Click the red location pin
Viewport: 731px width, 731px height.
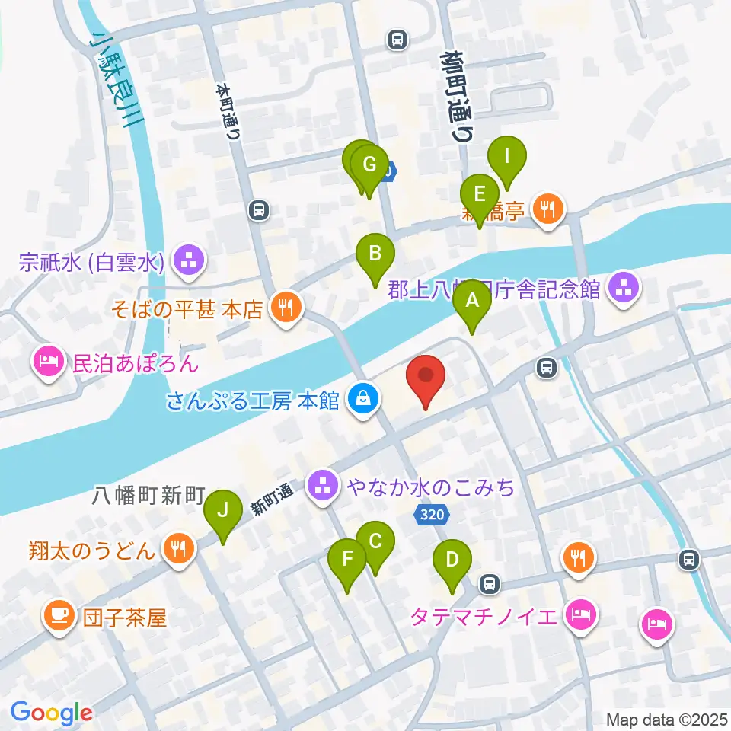click(426, 378)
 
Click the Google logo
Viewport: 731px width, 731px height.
click(52, 713)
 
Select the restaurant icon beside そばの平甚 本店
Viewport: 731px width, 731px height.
click(286, 308)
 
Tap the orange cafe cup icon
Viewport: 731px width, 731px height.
click(58, 614)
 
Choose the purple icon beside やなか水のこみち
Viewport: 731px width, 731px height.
click(323, 484)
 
